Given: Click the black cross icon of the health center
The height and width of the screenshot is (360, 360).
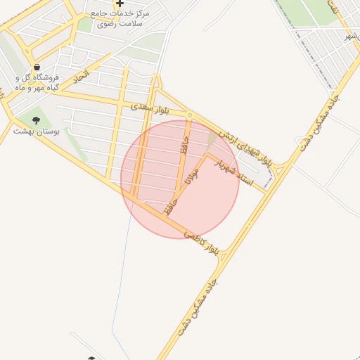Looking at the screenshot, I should click(120, 4).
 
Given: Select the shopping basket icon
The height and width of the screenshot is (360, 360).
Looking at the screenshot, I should click(36, 68).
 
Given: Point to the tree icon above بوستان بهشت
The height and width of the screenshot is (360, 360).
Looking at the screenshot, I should click(37, 120).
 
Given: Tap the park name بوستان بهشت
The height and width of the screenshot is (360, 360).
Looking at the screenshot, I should click(37, 131).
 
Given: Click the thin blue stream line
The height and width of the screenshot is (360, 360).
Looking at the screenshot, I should click(120, 281).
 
